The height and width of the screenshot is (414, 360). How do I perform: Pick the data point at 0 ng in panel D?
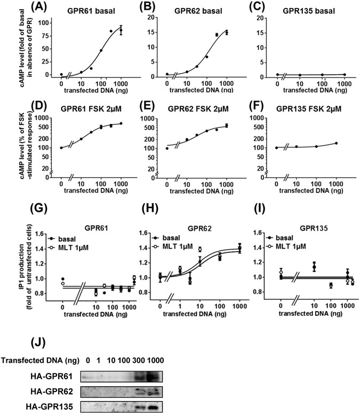click(61, 148)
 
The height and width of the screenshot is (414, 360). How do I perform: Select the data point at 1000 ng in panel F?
click(336, 143)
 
